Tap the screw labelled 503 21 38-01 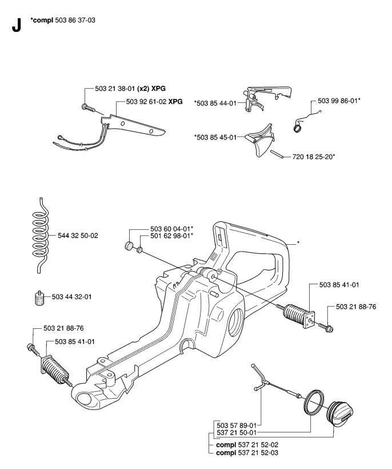[86, 107]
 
